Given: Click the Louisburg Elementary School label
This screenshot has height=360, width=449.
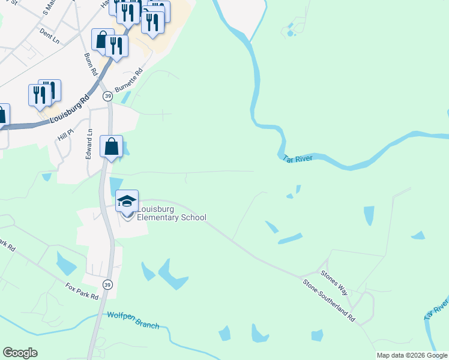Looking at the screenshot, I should [x=171, y=214].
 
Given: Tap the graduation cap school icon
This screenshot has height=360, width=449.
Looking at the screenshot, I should [x=127, y=201].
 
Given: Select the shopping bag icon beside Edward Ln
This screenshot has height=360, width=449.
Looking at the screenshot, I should [x=112, y=146].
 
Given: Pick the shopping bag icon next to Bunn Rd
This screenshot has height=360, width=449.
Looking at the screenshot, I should [x=103, y=39].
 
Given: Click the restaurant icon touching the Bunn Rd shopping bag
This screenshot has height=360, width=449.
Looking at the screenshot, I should [x=116, y=46].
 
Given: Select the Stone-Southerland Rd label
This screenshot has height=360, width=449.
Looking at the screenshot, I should [x=328, y=301].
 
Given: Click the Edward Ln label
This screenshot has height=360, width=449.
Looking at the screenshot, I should [x=89, y=144].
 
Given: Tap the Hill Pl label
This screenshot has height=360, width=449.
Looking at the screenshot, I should [x=65, y=133].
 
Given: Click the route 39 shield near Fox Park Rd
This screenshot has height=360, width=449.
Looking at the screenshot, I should [x=107, y=284].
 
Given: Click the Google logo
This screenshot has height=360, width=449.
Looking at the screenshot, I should [x=20, y=353].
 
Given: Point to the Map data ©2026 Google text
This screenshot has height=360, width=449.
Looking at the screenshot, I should [x=412, y=355].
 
